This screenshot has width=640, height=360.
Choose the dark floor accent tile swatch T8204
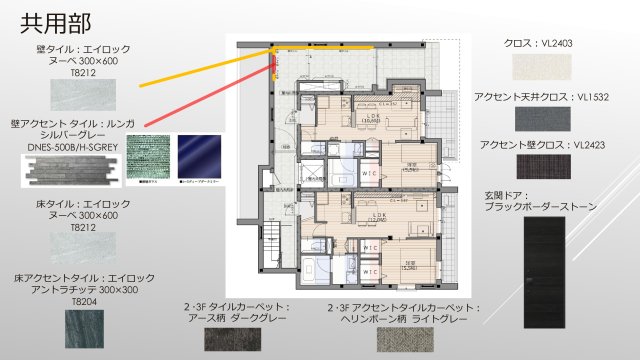coord(72,329)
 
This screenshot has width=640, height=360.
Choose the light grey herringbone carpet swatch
coord(406,339)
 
